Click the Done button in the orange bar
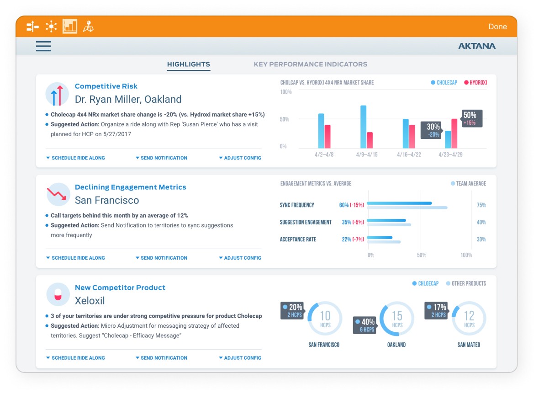[497, 27]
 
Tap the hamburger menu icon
[43, 46]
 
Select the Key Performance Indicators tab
[311, 64]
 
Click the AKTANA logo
[477, 46]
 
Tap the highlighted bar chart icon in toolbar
[70, 27]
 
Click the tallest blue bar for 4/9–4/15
[363, 127]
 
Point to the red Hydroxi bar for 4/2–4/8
[328, 136]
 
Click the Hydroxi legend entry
[476, 83]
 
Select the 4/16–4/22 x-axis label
[409, 154]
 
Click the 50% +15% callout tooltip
[471, 118]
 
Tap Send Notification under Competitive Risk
[161, 158]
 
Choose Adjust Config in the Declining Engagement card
[240, 258]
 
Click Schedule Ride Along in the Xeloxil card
[75, 358]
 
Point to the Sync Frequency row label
[297, 205]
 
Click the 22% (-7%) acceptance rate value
[353, 239]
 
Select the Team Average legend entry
[468, 183]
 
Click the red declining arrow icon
[57, 194]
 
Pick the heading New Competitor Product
[120, 288]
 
